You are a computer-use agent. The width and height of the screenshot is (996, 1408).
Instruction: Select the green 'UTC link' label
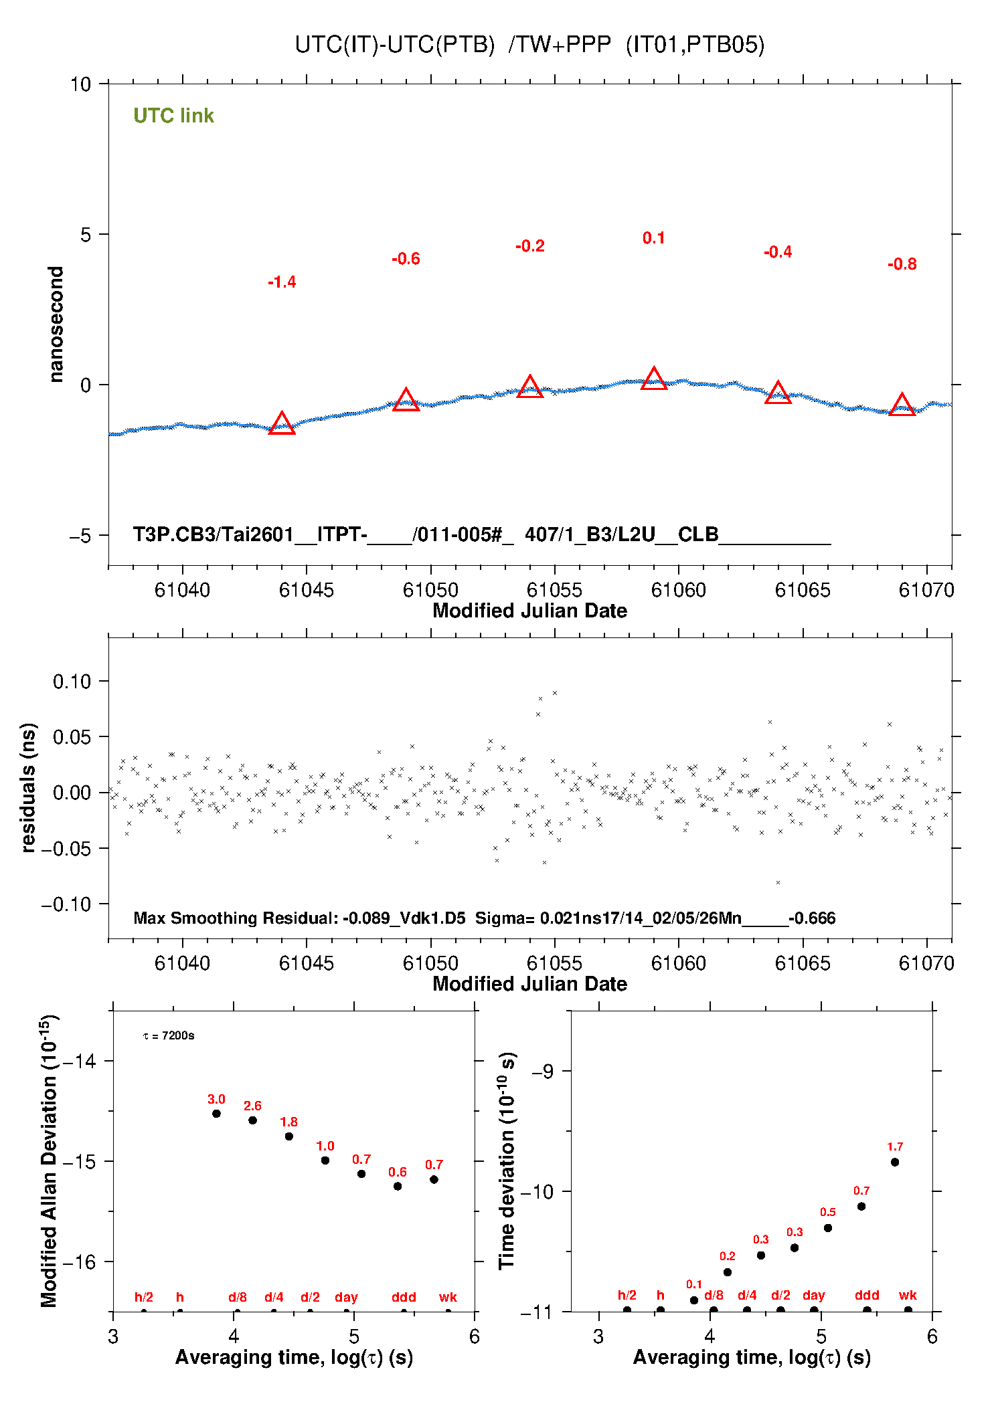coord(173,116)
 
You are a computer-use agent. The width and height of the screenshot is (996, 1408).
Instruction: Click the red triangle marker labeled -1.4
coord(282,424)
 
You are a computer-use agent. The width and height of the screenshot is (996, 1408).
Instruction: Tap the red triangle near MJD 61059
coord(654,379)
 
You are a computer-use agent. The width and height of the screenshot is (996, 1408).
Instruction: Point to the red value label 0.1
coord(654,238)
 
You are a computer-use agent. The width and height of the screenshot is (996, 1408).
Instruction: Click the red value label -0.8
coord(902,264)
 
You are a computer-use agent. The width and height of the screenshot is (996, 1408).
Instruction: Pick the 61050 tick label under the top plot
coord(430,590)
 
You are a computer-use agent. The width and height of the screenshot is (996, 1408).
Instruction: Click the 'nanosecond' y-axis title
coord(56,324)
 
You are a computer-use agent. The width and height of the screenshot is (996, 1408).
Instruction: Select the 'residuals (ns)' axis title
coord(28,787)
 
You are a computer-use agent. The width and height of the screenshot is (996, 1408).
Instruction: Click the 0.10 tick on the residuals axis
coord(72,682)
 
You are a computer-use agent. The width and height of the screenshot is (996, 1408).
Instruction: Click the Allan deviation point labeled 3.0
coord(216,1114)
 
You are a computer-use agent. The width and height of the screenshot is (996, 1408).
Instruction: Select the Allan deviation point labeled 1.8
coord(289,1136)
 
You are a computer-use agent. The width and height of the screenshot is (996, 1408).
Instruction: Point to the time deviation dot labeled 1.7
coord(895,1162)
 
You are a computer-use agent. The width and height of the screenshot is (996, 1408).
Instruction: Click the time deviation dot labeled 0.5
coord(828,1227)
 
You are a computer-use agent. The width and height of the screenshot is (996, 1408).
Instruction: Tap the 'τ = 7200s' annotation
coord(169,1035)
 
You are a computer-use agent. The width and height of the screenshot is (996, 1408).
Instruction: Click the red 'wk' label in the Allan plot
coord(448,1297)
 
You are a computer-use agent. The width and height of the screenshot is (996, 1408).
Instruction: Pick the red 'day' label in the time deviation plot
coord(813,1295)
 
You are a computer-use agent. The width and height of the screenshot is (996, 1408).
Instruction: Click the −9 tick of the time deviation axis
coord(542,1072)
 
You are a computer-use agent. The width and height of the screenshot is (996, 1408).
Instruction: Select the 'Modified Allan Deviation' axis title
coord(48,1161)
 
